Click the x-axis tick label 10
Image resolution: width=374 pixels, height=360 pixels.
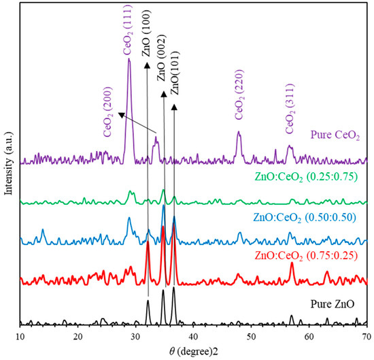coord(20,336)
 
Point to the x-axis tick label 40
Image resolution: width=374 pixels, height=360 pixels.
coord(194,336)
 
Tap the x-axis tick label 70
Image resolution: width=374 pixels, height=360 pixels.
coord(367,336)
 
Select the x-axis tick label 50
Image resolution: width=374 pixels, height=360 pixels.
coord(252,336)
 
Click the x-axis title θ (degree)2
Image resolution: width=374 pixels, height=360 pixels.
coord(194,350)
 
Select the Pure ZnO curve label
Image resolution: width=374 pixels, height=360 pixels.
coord(338,304)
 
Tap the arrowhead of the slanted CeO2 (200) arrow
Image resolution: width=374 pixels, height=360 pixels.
coord(120,115)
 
